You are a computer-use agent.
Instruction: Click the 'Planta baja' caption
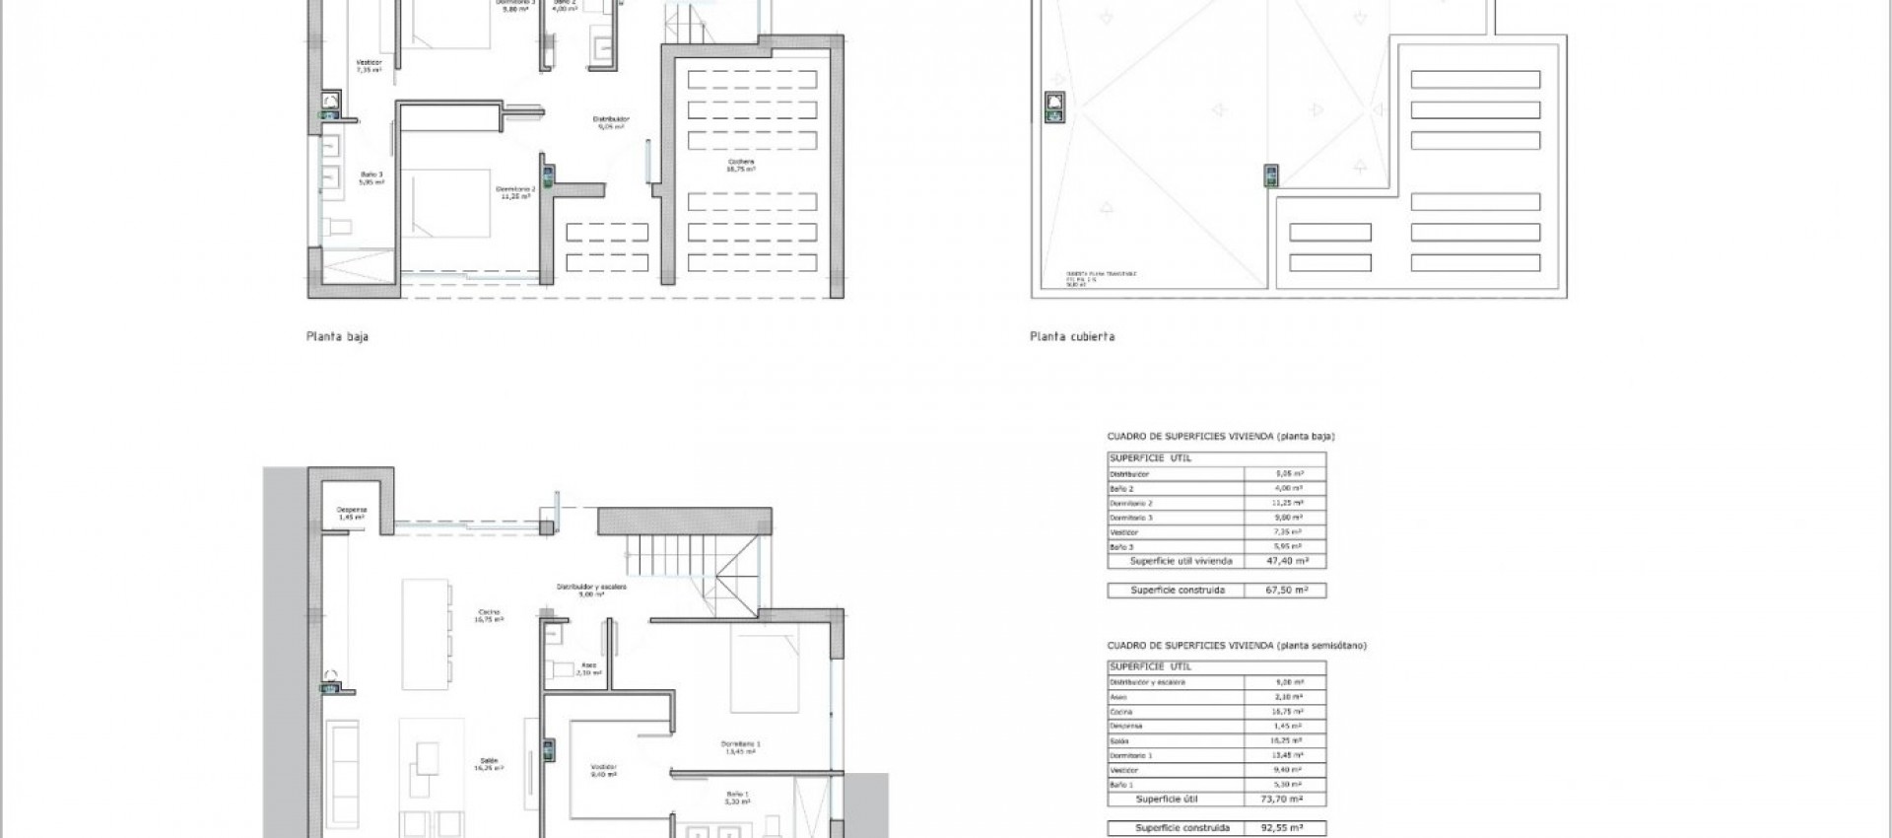tap(337, 336)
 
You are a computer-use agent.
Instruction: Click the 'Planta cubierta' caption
tap(1072, 336)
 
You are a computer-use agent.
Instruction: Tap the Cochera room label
tap(741, 165)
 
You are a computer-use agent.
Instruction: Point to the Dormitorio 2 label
tap(514, 192)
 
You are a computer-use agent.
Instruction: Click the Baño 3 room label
tap(371, 178)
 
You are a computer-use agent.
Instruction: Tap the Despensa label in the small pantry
tap(352, 513)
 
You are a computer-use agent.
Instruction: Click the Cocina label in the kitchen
tap(489, 615)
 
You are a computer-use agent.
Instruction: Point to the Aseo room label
tap(588, 667)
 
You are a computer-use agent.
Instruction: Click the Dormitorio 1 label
tap(740, 746)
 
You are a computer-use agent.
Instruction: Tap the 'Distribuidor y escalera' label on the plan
tap(590, 590)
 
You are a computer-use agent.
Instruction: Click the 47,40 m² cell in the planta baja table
tap(1286, 561)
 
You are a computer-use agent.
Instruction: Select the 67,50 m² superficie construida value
tap(1286, 591)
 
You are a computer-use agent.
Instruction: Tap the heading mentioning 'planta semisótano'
tap(1236, 646)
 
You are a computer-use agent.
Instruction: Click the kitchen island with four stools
tap(426, 633)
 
